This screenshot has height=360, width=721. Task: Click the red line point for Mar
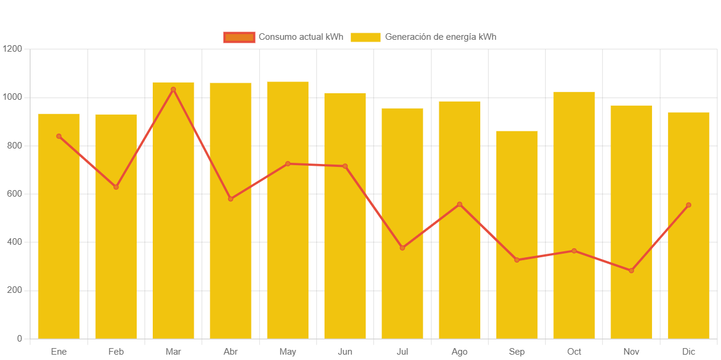coord(174,90)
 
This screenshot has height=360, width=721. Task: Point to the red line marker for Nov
coord(631,271)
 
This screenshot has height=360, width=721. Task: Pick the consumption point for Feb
coord(116,187)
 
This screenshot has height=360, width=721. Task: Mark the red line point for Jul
coord(402,248)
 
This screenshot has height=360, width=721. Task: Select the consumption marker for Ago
coord(459,204)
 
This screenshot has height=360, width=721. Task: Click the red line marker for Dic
coord(688,205)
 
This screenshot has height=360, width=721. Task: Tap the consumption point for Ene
coord(59,137)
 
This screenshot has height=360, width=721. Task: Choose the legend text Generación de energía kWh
coord(440,37)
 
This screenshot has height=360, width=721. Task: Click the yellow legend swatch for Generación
coord(365,37)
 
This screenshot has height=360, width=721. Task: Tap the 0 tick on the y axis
coord(20,339)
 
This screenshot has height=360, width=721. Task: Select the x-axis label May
coord(288,352)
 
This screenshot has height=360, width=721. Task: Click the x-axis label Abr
coord(231,352)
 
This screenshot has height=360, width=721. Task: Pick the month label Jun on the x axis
coord(345,352)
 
